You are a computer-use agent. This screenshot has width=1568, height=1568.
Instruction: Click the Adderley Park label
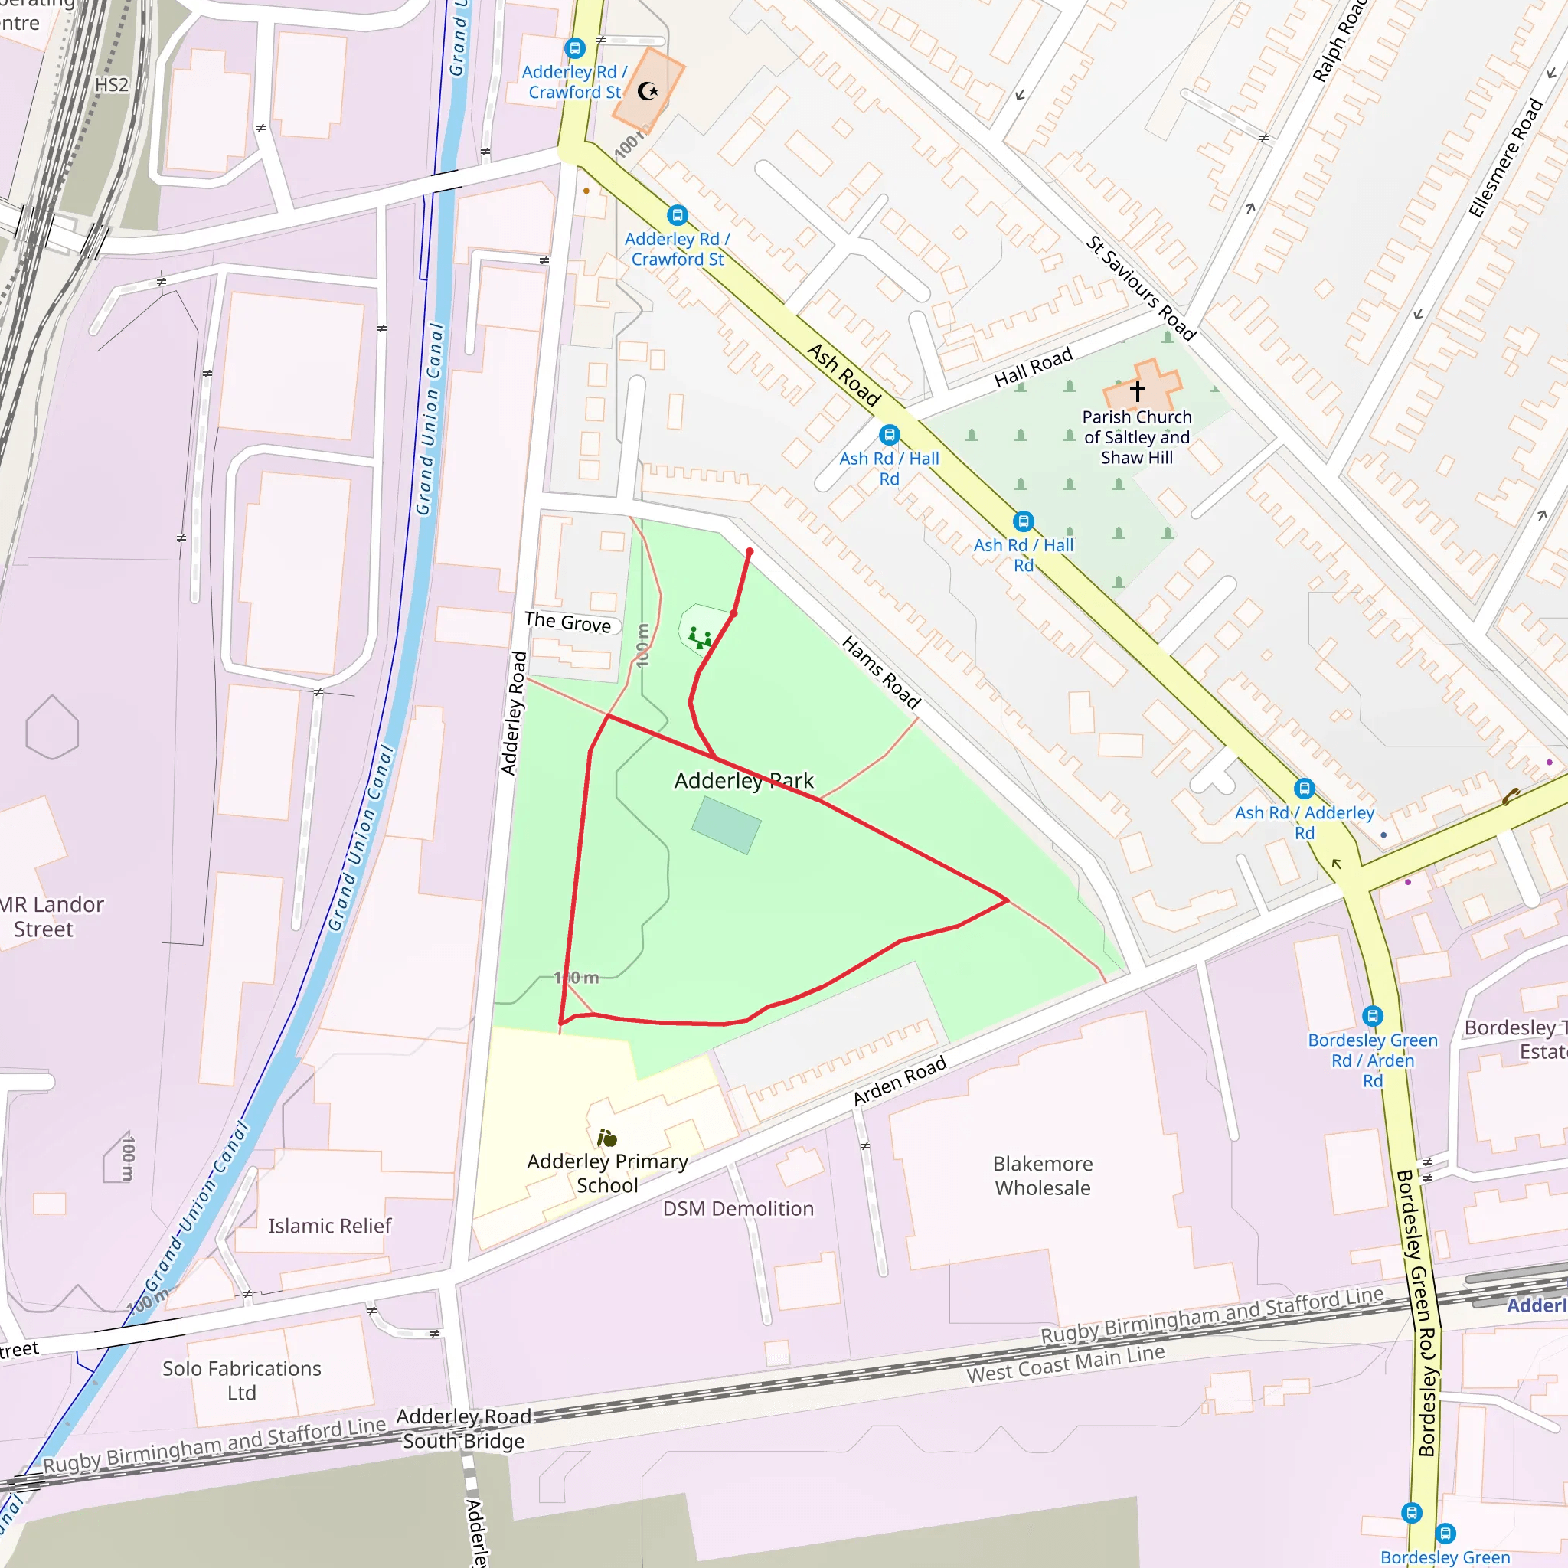pos(743,781)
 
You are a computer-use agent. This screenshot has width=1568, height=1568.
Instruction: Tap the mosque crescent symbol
pos(648,91)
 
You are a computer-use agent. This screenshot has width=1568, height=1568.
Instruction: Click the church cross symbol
pos(1137,391)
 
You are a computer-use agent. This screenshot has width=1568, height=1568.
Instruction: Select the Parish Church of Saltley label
pos(1136,436)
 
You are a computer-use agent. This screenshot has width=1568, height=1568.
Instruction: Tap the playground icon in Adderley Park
pos(699,638)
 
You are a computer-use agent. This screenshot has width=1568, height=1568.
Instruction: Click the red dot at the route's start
pos(749,552)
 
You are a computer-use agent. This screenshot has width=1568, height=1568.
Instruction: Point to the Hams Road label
pos(880,672)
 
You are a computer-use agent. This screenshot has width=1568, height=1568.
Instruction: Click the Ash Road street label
pos(844,375)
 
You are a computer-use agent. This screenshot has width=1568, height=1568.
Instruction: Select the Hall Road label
pos(1033,367)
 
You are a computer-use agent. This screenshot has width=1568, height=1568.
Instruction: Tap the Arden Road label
pos(900,1080)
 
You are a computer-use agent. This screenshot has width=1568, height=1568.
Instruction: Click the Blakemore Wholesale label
pos(1042,1175)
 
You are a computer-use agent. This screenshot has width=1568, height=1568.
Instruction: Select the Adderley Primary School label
pos(607,1173)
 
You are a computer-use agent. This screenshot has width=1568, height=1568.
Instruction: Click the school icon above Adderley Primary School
pos(606,1138)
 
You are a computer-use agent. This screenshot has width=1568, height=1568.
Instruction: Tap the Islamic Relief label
pos(329,1226)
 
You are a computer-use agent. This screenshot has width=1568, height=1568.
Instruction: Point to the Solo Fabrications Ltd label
pos(242,1380)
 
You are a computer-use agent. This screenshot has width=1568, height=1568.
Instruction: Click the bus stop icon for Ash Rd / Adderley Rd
pos(1303,788)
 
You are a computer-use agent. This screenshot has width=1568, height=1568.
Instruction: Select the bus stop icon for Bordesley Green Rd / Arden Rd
pos(1371,1015)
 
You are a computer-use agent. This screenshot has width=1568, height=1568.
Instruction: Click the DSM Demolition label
pos(738,1208)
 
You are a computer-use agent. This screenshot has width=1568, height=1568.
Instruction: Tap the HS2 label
pos(112,85)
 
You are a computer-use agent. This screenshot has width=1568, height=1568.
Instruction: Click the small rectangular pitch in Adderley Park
pos(726,825)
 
